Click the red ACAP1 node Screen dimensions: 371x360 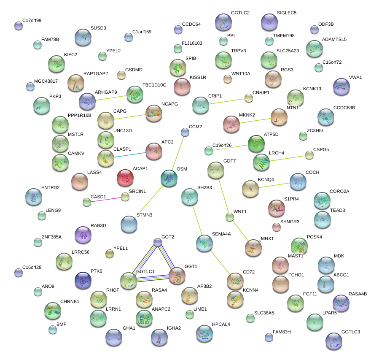click(125, 178)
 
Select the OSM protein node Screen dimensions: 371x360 click(169, 178)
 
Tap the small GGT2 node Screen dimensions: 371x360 click(157, 242)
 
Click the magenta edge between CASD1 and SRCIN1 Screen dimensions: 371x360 click(106, 199)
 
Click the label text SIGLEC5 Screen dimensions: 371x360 click(286, 13)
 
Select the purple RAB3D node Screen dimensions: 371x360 click(82, 235)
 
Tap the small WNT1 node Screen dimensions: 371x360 click(229, 217)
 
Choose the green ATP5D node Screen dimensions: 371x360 click(255, 143)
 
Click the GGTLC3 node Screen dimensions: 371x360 click(333, 341)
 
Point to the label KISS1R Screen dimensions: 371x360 click(198, 78)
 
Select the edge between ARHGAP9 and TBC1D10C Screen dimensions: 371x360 click(111, 98)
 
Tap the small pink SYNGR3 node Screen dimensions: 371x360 click(276, 227)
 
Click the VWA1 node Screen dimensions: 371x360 click(341, 87)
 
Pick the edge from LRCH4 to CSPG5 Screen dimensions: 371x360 click(287, 158)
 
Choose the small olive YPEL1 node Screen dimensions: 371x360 click(109, 253)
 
